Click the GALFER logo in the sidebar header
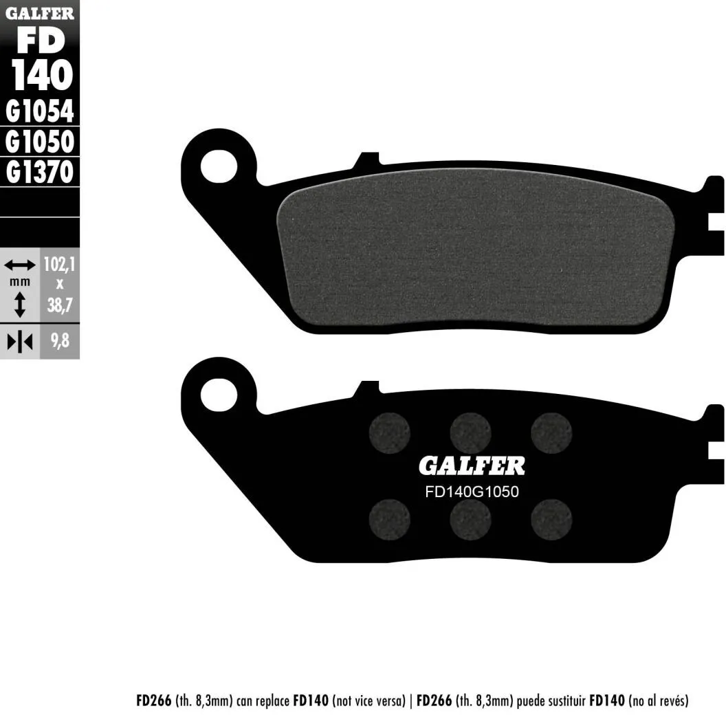[x=40, y=14]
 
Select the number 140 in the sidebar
[x=42, y=74]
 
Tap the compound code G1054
[x=40, y=111]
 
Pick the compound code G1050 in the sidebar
[x=40, y=141]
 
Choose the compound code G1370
[x=40, y=172]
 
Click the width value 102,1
[x=59, y=265]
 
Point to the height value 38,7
[x=60, y=305]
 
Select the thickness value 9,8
[x=60, y=341]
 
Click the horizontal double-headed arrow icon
[x=19, y=265]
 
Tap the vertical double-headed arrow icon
[x=19, y=305]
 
